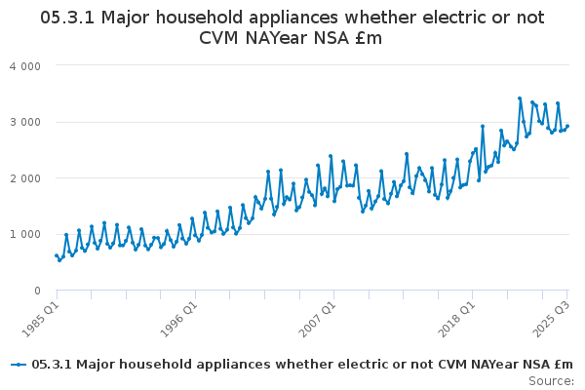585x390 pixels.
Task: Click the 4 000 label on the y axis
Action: tap(25, 65)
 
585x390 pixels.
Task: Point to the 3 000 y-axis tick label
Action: tap(25, 122)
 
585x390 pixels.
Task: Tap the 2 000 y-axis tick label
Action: tap(25, 178)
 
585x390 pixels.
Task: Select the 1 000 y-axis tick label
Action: tap(25, 234)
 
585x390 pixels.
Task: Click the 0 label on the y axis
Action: tap(36, 291)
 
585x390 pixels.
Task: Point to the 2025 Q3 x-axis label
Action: tap(550, 316)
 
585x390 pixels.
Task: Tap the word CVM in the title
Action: tap(226, 38)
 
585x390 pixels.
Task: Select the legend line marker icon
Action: tap(18, 365)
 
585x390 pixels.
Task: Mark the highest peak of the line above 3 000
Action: tap(520, 98)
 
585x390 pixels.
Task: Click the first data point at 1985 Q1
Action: tap(57, 255)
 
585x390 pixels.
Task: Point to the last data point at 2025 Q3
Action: tap(567, 126)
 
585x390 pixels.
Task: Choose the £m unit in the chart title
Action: tap(367, 38)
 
